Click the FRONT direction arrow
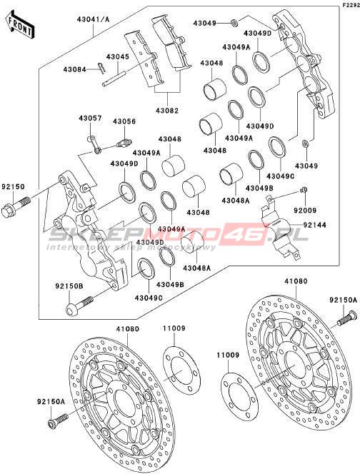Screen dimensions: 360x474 [x=21, y=25]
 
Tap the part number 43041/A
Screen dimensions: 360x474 [x=93, y=19]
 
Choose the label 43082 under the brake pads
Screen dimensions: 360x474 [x=167, y=111]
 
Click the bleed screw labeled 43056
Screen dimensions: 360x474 [x=124, y=141]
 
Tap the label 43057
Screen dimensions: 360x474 [x=91, y=118]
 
